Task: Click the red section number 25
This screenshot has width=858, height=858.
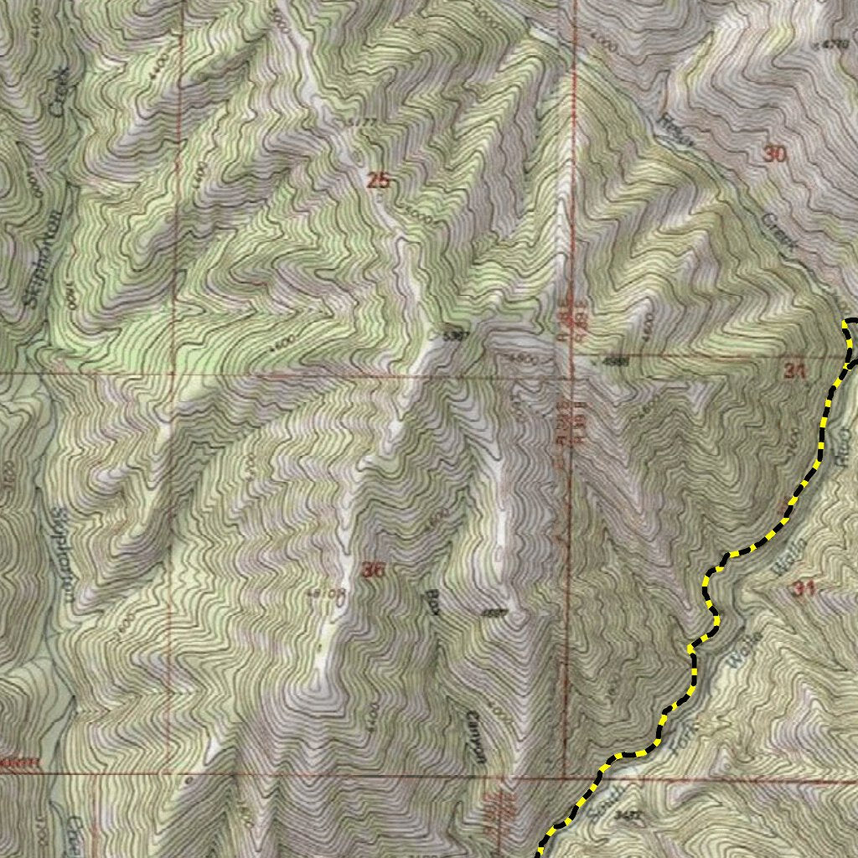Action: [x=379, y=179]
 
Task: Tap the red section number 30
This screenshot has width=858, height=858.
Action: [x=775, y=153]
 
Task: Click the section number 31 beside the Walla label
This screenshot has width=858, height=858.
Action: [x=803, y=589]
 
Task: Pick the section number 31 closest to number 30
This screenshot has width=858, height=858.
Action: [x=794, y=370]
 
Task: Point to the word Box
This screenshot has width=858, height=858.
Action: [x=433, y=603]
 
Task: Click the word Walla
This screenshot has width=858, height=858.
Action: [x=791, y=556]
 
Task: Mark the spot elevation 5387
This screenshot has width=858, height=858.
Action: [x=454, y=336]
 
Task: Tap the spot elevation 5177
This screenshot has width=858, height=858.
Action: [x=359, y=124]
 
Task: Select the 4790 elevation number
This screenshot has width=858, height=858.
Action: [x=835, y=44]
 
